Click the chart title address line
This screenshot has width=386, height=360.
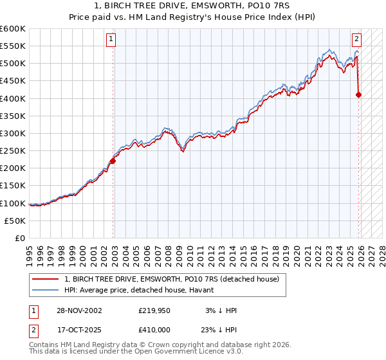click(192, 6)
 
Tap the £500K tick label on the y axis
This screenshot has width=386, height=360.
click(13, 64)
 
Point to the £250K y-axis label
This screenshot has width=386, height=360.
click(13, 150)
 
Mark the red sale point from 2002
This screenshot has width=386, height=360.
click(112, 161)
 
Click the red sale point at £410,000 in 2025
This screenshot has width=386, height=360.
click(358, 95)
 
